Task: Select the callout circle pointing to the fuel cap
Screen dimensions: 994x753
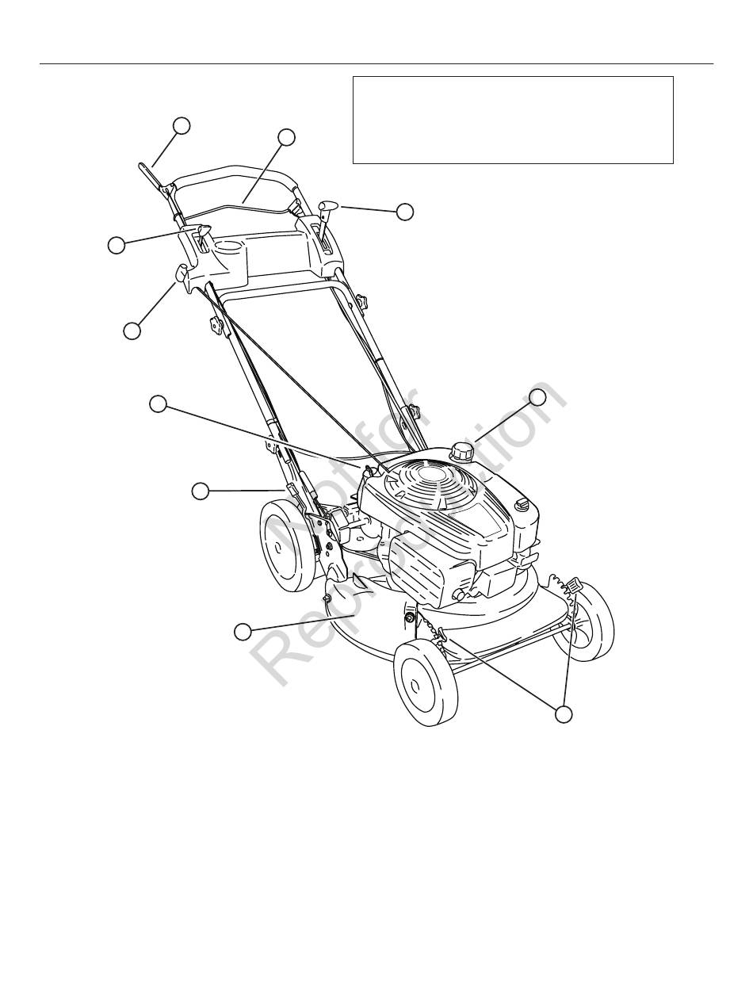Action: (537, 397)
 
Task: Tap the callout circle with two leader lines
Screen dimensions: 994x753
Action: (564, 713)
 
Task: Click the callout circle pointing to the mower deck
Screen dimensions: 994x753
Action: (243, 631)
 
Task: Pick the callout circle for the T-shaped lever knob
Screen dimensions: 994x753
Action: (405, 212)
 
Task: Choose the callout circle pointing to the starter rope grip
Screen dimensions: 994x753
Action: (132, 331)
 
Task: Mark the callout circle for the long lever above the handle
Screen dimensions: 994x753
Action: (182, 124)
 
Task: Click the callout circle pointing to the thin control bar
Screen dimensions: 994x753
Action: (286, 137)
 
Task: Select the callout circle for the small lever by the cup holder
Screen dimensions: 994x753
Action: (117, 246)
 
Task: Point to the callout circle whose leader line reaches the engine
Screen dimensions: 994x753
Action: (159, 403)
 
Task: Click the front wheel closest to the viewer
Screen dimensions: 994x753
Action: (426, 683)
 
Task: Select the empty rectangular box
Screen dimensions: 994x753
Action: (513, 120)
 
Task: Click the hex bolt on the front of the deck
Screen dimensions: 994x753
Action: (410, 617)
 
